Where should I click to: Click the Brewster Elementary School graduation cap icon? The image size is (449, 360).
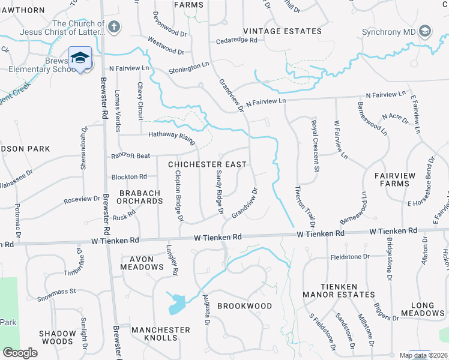point(80,58)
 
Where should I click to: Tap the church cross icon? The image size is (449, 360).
point(114,27)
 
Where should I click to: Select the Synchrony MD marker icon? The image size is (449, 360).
point(425,31)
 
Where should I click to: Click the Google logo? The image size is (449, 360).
point(20,353)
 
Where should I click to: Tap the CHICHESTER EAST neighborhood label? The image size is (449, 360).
point(207,164)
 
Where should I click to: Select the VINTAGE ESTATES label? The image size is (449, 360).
point(282,31)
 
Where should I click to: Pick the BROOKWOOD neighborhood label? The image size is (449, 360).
point(244,306)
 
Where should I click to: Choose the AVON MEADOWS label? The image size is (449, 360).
point(142,263)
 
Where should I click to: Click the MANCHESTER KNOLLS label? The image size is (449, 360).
point(161,334)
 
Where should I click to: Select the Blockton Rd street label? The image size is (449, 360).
point(129,177)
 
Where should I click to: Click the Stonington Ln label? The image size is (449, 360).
point(188,68)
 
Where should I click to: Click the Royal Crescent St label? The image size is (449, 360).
point(314,145)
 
